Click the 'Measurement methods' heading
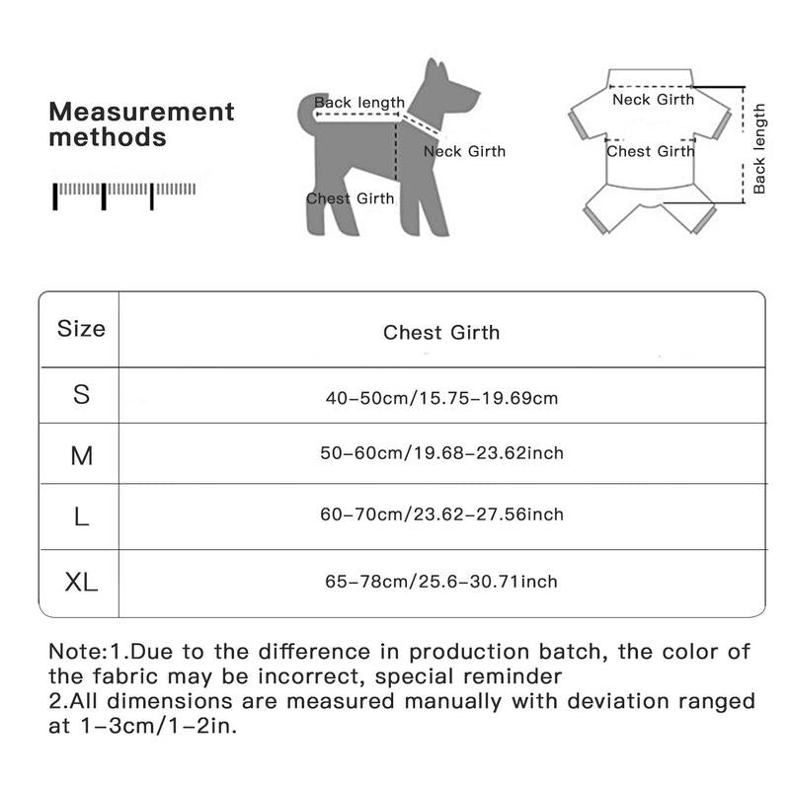(x=142, y=123)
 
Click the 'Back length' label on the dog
(x=359, y=103)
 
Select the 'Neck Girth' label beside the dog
(x=464, y=151)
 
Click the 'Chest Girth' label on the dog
(x=350, y=198)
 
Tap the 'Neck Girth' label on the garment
(x=653, y=99)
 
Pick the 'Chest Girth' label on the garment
(x=650, y=151)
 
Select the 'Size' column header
(x=81, y=329)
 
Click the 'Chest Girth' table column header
(x=441, y=332)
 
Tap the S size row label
(x=81, y=395)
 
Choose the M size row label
(x=81, y=456)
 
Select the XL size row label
(x=81, y=582)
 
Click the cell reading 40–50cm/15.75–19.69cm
(x=442, y=399)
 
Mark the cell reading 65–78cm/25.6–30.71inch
(x=441, y=582)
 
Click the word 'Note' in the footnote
(x=75, y=652)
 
